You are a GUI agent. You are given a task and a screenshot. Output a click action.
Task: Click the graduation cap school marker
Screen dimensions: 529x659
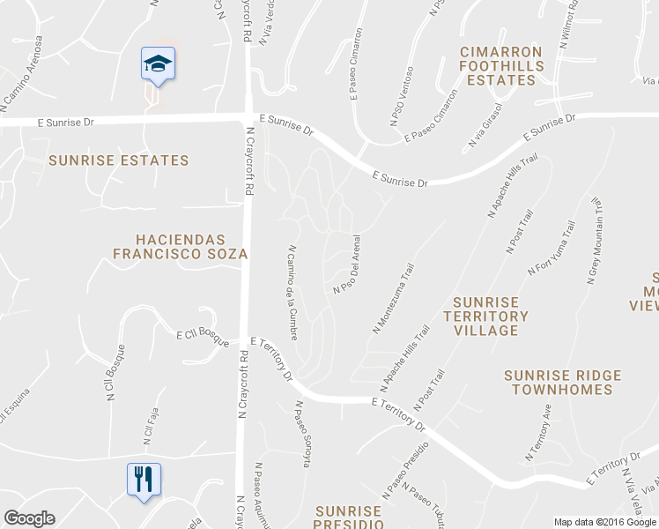pos(158,64)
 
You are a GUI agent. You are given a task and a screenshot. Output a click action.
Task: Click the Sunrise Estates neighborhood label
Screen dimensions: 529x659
pos(119,160)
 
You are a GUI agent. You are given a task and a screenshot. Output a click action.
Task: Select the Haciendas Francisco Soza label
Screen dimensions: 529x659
pos(180,247)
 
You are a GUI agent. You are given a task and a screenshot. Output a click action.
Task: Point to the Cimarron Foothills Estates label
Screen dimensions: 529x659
pos(501,66)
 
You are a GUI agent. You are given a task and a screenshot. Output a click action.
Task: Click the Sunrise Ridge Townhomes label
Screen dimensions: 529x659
pos(562,382)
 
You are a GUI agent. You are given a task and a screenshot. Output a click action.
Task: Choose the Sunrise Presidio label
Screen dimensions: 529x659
pos(349,517)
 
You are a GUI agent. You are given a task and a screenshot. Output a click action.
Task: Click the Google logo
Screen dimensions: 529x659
pos(30,518)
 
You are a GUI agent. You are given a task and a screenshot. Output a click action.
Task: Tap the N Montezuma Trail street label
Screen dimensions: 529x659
pos(393,297)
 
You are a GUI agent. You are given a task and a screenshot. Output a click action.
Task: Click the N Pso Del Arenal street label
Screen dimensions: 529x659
pos(348,264)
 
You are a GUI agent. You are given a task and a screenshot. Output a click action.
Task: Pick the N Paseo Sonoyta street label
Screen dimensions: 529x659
pos(302,434)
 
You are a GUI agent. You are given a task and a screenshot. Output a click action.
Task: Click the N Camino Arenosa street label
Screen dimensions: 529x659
pos(21,74)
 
